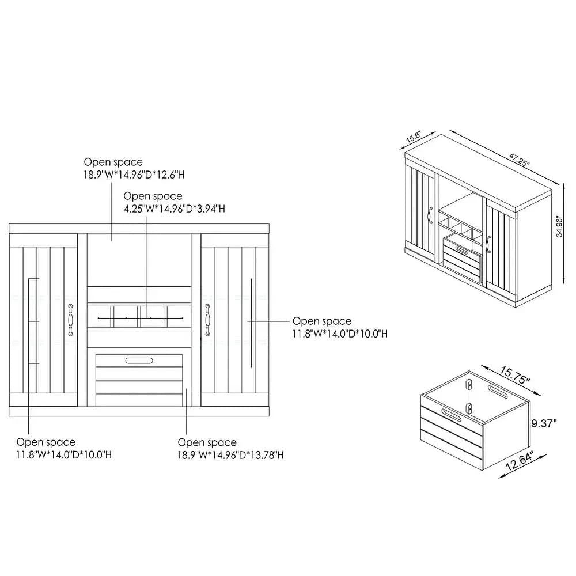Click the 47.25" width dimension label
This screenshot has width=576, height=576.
pos(519,160)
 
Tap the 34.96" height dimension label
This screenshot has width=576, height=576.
pos(559,226)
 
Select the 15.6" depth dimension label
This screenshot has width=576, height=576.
pos(413,137)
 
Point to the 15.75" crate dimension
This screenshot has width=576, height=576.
pos(514,375)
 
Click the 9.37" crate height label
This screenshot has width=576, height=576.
pos(544,423)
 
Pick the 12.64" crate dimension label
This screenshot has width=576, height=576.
pos(519,461)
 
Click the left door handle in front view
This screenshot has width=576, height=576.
pos(70,320)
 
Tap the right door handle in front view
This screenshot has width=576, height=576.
pos(207,320)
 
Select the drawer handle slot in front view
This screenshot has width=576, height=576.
pos(139,361)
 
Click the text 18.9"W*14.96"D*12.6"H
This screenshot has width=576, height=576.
pos(134,175)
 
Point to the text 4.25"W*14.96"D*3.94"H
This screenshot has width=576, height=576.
pos(174,209)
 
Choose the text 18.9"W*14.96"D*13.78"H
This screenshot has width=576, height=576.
pos(230,455)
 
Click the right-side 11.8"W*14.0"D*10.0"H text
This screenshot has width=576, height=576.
pos(340,334)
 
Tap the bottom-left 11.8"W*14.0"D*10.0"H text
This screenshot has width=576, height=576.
pos(64,455)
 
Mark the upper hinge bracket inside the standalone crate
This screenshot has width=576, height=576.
pos(469,384)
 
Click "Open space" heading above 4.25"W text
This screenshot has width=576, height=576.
pos(153,196)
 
